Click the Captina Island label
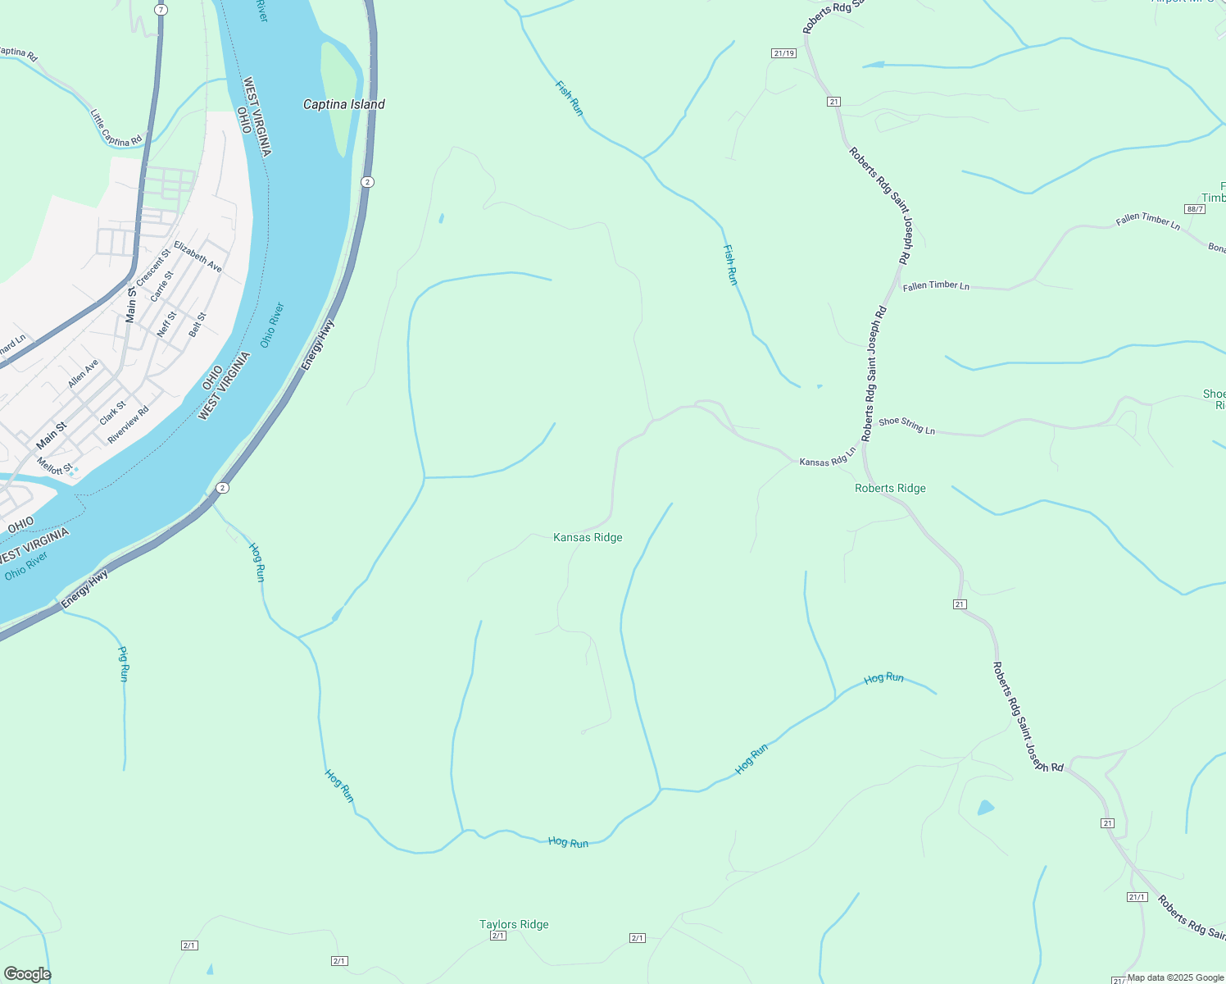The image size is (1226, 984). [343, 104]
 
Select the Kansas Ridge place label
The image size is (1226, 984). [588, 537]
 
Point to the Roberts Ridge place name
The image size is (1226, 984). [890, 488]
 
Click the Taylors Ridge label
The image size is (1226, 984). [514, 924]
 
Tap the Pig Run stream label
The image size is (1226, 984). [124, 664]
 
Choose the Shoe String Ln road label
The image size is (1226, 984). [906, 425]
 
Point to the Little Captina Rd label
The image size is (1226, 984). [116, 129]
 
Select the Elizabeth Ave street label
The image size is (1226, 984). [198, 257]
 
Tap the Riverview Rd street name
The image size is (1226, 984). [129, 425]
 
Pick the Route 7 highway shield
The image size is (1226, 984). [161, 10]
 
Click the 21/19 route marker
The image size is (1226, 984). [783, 53]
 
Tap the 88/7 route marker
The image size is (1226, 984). [1195, 209]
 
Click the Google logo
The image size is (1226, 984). [27, 974]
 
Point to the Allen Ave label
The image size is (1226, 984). [83, 373]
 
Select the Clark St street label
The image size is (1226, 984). [112, 412]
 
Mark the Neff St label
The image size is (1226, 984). [166, 324]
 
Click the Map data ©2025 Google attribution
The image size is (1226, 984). [1175, 977]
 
